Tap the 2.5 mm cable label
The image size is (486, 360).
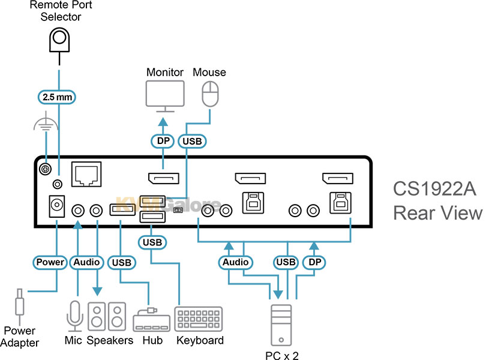pos(59,96)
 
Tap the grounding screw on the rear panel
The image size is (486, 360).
pos(44,170)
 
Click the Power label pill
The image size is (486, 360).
pos(50,262)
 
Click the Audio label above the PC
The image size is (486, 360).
pos(236,262)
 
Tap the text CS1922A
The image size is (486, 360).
pos(434,189)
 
